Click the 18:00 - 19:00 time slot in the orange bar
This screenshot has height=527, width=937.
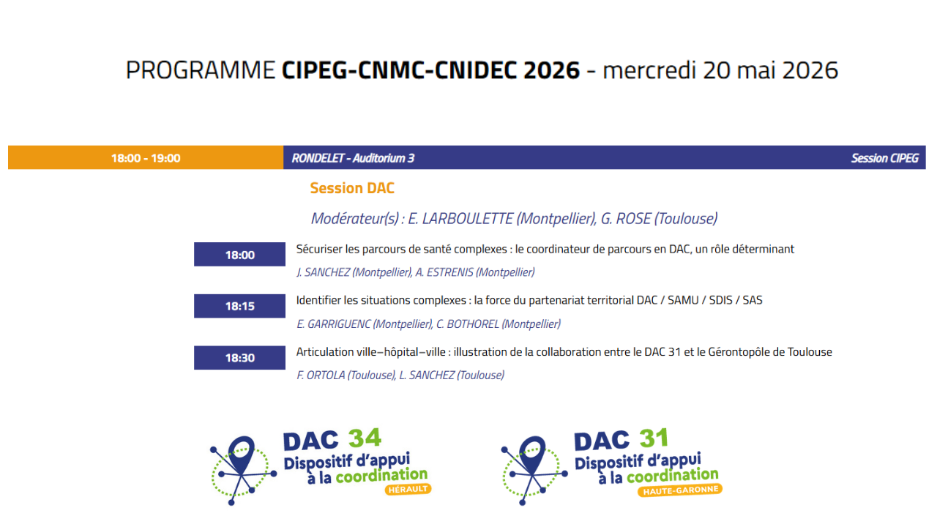146,158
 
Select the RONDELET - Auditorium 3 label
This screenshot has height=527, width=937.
353,158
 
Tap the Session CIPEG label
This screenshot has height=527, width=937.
884,158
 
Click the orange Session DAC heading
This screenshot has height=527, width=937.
352,188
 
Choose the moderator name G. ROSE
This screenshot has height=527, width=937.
626,218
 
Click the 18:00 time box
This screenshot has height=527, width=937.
239,255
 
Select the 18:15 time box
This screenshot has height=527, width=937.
239,306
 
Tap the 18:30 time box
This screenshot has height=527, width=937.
239,358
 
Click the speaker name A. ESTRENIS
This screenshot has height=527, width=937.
444,272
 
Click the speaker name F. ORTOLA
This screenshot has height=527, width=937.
320,375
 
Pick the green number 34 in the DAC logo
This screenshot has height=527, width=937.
365,438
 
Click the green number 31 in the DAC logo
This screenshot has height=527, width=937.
653,438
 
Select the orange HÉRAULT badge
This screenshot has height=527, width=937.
408,489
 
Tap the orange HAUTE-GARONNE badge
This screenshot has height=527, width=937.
681,490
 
